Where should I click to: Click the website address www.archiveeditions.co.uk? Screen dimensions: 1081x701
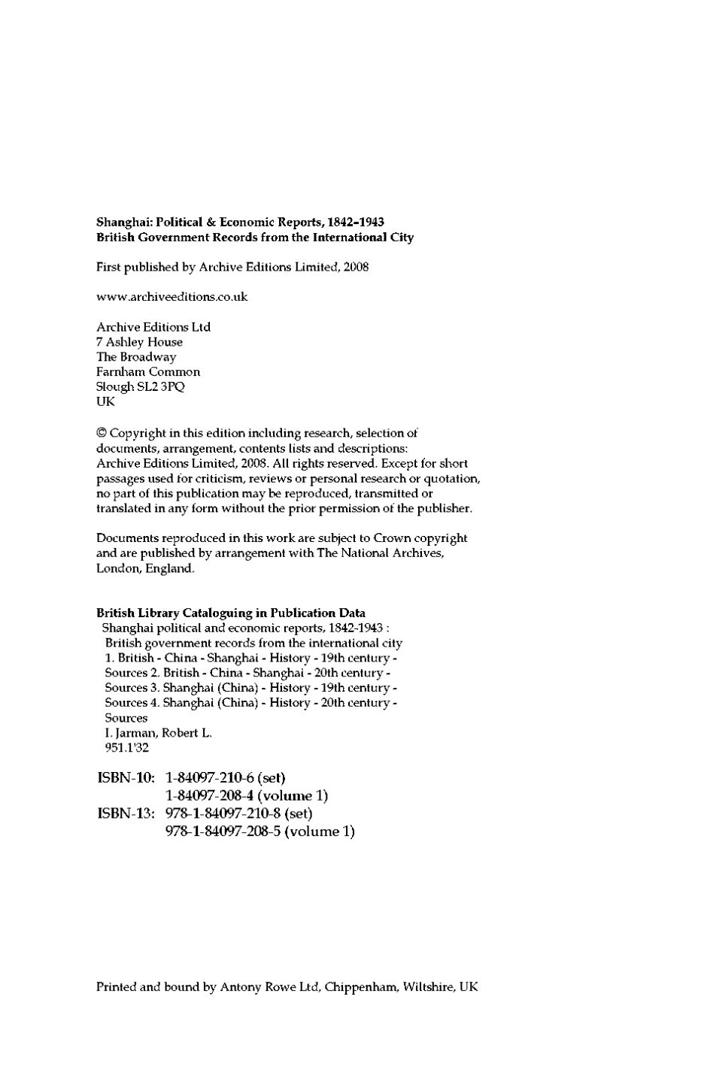[171, 297]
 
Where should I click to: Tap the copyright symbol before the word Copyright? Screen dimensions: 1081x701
[102, 433]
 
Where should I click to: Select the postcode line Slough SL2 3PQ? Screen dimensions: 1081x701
[141, 387]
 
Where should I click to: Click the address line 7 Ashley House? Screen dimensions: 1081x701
[139, 342]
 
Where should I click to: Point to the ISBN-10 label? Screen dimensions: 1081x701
[126, 777]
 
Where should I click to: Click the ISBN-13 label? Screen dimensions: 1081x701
[126, 813]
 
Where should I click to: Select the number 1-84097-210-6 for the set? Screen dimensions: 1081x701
[208, 777]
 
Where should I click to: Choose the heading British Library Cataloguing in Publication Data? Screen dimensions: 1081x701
[231, 613]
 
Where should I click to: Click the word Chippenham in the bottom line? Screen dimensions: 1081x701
[359, 987]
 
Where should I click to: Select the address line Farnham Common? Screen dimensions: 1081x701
[148, 372]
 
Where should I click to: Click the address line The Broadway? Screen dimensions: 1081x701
[136, 357]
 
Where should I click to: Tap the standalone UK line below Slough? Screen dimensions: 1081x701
[105, 402]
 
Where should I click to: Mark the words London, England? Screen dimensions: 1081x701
[145, 568]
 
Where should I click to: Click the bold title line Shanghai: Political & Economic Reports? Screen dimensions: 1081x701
[240, 223]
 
